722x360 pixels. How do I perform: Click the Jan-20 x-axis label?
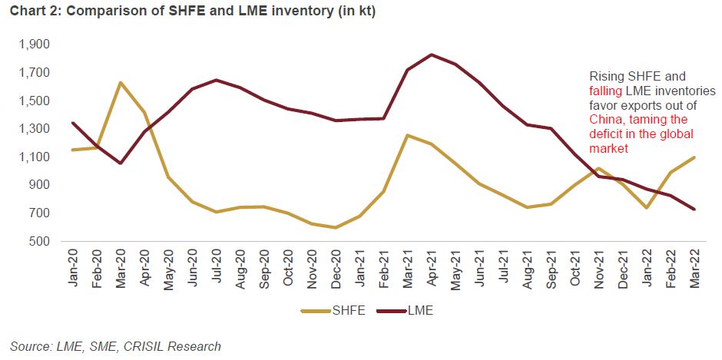tap(73, 269)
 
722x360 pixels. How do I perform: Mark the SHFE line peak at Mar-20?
tap(120, 82)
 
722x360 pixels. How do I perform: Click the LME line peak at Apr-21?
tap(432, 54)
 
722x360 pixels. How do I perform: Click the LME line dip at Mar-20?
tap(120, 163)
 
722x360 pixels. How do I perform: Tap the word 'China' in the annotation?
tap(606, 120)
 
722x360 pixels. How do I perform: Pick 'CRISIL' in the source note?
tap(136, 346)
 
